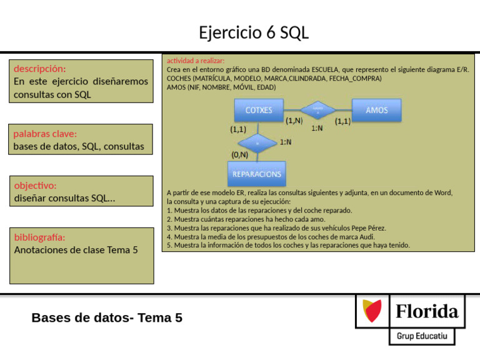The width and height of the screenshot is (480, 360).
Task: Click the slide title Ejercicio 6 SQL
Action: tap(254, 32)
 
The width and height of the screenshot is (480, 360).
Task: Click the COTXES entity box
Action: tap(258, 110)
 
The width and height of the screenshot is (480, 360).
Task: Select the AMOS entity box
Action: tap(376, 110)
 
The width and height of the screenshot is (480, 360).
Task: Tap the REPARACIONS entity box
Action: tap(256, 174)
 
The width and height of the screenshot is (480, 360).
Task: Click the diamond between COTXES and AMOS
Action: tap(317, 111)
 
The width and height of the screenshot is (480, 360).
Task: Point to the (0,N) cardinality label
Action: tap(239, 154)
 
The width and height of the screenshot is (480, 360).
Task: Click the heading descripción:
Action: tap(39, 69)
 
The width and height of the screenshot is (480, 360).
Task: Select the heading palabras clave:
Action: tap(45, 134)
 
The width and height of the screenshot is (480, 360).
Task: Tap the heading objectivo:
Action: tap(35, 186)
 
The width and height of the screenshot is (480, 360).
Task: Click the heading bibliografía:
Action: tap(39, 237)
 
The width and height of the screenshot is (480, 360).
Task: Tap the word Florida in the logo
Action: tap(427, 311)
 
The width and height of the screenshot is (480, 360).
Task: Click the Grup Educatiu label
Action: tap(422, 336)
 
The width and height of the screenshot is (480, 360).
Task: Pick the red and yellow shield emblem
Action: tap(373, 311)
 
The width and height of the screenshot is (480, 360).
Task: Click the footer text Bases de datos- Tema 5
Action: tap(107, 318)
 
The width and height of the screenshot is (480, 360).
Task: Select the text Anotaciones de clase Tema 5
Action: tap(76, 250)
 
